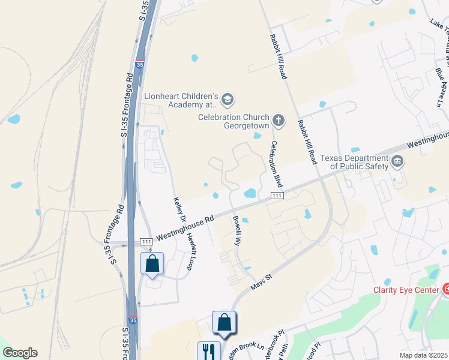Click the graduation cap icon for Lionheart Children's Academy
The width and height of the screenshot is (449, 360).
227,98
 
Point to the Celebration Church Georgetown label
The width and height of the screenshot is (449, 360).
234,122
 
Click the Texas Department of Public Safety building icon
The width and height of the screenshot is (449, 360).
397,161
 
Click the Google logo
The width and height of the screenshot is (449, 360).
20,353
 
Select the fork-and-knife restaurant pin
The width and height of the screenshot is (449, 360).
209,351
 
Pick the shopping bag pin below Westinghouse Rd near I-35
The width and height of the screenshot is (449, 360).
152,263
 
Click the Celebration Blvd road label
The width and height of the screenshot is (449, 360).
276,163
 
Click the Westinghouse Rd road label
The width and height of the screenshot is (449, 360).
185,229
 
